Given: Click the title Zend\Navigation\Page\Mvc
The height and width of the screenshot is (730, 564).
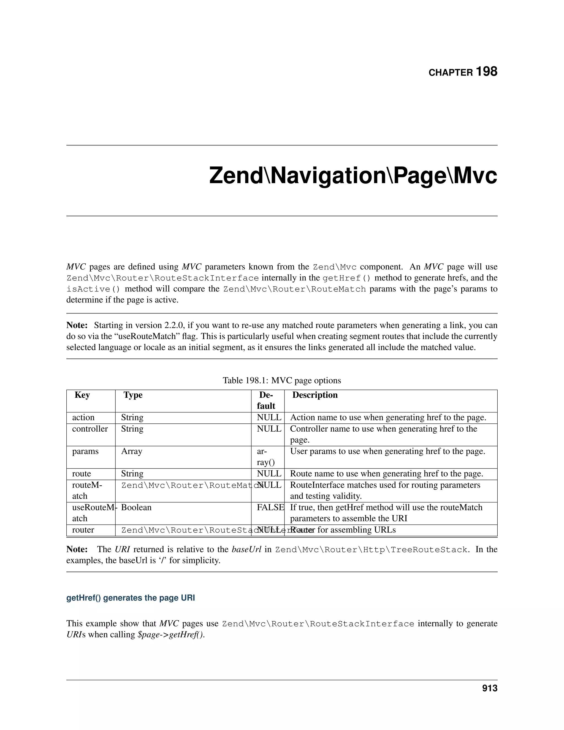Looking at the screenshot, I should [353, 175].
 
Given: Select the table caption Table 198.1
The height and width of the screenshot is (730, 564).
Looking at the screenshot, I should [281, 380].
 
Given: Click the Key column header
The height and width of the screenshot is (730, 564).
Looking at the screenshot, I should [82, 395].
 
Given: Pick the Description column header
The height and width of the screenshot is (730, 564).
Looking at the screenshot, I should [315, 395].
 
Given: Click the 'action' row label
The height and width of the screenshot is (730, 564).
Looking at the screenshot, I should [83, 417].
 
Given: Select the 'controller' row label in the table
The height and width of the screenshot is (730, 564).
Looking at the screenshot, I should [90, 429].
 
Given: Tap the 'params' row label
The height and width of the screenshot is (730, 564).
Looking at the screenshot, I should [85, 451].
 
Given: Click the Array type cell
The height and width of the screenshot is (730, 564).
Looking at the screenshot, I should [132, 451].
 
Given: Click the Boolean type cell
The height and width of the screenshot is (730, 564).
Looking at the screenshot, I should [136, 507].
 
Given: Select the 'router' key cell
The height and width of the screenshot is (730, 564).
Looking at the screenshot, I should [83, 530].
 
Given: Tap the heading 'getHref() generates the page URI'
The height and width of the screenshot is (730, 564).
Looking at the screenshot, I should [131, 598].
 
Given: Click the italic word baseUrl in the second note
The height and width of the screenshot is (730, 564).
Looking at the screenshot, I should [246, 550].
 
